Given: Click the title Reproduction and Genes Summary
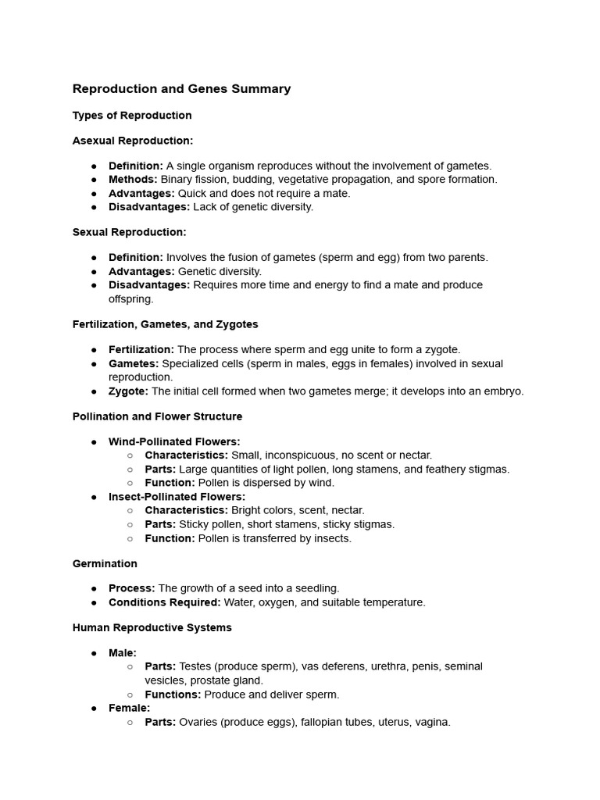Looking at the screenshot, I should click(181, 89).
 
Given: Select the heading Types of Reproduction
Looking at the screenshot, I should click(132, 116).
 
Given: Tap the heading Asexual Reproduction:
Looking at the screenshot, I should click(133, 141).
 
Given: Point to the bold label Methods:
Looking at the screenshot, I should click(133, 180).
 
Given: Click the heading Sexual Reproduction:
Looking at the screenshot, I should click(130, 232).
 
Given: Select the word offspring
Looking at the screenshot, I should click(130, 299).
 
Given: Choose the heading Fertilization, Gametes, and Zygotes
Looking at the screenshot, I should click(166, 324).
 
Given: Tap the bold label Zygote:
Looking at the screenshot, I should click(128, 391).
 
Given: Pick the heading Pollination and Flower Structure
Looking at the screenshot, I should click(157, 416).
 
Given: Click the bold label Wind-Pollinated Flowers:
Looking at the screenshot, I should click(174, 442).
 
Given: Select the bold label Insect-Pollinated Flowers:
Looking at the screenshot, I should click(177, 497).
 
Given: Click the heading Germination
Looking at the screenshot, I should click(105, 564).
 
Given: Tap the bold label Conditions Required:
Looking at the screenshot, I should click(164, 602).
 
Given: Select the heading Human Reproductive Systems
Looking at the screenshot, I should click(152, 627).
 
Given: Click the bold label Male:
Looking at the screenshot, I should click(123, 653).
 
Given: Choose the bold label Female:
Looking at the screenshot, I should click(129, 709).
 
